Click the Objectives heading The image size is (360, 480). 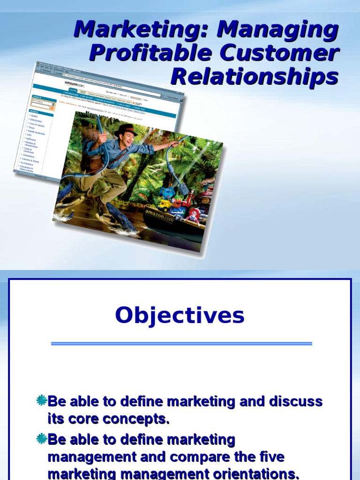point(180,315)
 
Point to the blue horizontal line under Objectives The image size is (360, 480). point(181,344)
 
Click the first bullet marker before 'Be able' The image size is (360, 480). point(42,401)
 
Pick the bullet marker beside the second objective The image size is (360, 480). point(42,439)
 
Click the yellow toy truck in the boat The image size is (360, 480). point(165,205)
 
